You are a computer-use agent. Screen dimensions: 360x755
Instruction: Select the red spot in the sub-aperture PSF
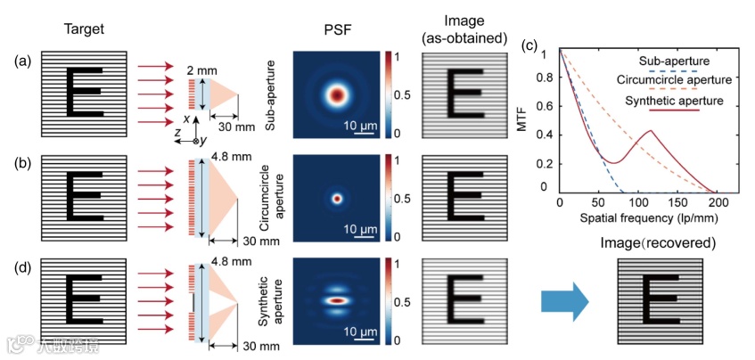point(336,94)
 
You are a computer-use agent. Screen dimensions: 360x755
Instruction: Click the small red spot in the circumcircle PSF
point(336,197)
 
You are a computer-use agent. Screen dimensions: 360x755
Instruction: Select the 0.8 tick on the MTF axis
point(544,79)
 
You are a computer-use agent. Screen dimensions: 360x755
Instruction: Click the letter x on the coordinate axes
point(186,119)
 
